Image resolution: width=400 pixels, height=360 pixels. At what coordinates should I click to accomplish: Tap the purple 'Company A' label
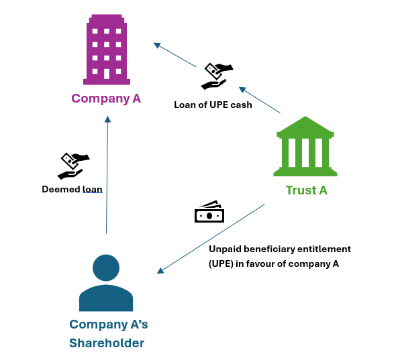tap(106, 99)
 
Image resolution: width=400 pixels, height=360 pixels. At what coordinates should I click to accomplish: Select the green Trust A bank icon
tap(306, 148)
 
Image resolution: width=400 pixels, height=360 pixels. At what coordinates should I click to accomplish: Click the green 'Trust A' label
tap(306, 190)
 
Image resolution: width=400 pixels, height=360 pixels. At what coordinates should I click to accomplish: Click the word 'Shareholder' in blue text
tap(106, 343)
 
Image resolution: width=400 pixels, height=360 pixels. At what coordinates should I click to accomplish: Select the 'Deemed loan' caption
tap(72, 189)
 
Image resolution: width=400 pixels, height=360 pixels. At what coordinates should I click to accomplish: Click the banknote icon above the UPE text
tap(209, 212)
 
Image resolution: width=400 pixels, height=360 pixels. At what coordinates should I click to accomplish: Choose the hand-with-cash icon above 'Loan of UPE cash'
tap(217, 75)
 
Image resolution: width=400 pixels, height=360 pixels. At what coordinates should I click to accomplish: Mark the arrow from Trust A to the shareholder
tap(211, 239)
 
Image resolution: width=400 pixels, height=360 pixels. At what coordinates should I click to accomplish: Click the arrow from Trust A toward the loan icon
tap(260, 100)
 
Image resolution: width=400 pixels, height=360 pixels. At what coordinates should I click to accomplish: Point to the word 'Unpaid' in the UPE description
tap(225, 249)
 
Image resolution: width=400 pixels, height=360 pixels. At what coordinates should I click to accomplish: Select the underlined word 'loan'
tap(92, 189)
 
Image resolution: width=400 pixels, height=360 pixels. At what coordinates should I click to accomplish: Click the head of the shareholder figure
tap(106, 266)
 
